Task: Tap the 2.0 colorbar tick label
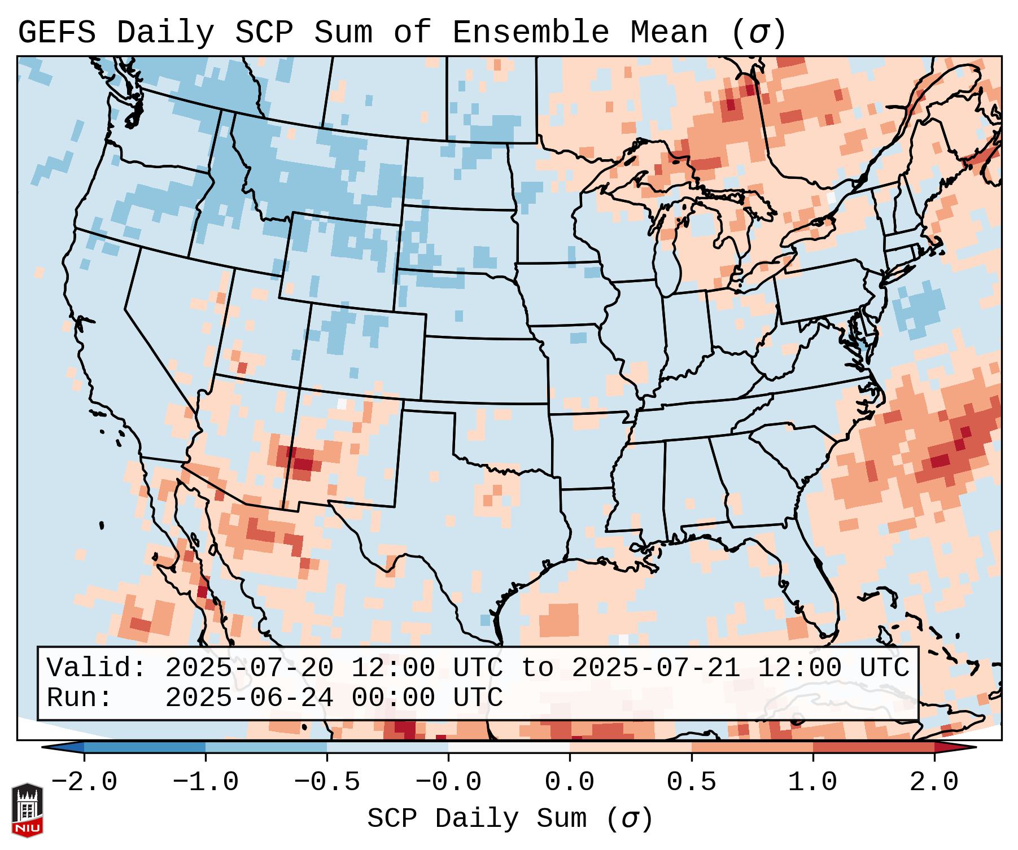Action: coord(934,782)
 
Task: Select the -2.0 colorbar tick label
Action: coord(84,782)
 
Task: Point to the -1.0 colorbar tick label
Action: coord(206,782)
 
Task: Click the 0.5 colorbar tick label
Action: coord(691,782)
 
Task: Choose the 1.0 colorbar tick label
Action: coord(812,782)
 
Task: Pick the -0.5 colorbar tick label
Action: coord(327,782)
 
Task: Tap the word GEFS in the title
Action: coord(56,33)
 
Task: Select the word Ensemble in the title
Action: coord(530,33)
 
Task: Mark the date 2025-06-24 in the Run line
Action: coord(248,698)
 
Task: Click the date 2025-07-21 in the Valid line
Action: coord(656,668)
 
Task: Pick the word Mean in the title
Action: coord(669,33)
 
